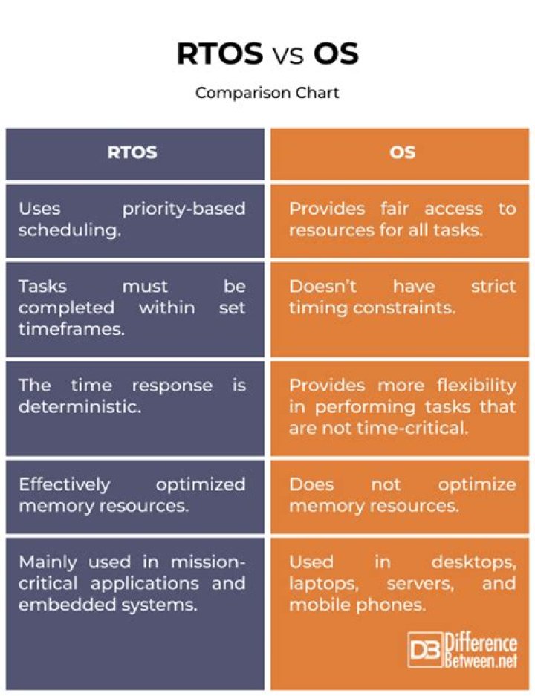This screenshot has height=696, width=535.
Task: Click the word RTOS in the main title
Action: pos(220,53)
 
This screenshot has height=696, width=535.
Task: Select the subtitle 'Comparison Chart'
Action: pos(267,93)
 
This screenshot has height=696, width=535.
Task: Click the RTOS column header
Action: pos(132,152)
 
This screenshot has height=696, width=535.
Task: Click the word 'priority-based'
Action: pos(184,209)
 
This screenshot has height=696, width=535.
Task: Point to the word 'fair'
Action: pos(394,208)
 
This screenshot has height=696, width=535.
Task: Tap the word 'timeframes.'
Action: pos(71,329)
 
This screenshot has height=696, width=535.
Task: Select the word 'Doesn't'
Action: pos(322,286)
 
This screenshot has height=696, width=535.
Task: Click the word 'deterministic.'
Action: pos(80,406)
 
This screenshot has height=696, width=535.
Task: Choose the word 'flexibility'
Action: pos(476,386)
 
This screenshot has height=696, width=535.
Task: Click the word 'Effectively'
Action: pos(65,485)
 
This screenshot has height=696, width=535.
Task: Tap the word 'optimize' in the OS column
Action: pos(477,485)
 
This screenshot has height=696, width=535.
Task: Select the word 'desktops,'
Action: pos(474,563)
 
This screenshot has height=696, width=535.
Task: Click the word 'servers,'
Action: pos(421,584)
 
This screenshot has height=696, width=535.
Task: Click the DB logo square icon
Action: pos(425,650)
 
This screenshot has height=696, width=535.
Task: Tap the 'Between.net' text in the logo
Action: pos(481,660)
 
